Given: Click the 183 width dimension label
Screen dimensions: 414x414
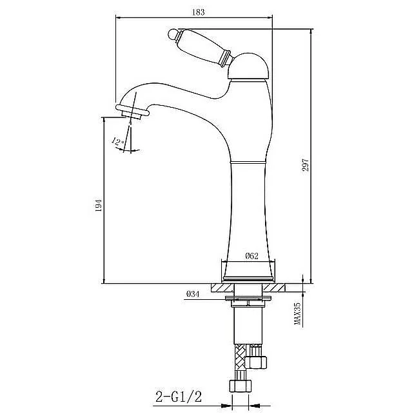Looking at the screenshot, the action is [198, 12].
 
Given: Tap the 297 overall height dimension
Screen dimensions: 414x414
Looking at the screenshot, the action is [305, 165].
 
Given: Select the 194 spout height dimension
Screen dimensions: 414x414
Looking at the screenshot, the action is [98, 205].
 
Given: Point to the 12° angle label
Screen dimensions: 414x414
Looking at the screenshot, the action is [118, 142].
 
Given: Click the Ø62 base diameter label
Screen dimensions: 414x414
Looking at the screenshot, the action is [251, 256].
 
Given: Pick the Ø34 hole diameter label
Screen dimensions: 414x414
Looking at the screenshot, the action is [193, 294].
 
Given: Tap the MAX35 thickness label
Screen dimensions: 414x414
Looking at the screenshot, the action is [297, 313].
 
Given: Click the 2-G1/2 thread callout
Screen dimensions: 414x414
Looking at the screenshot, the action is [179, 397].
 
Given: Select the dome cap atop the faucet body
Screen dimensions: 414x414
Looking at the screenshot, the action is [248, 66].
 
